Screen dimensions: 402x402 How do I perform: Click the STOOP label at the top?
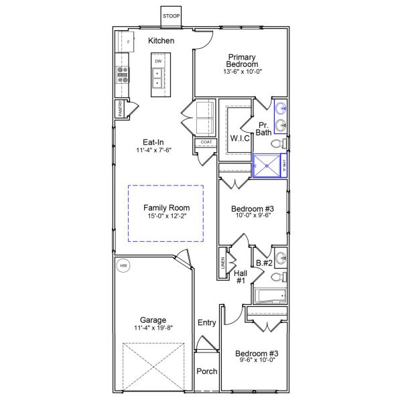click(171, 15)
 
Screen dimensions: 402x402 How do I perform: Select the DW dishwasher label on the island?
click(158, 62)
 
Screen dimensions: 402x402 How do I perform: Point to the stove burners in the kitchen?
click(123, 74)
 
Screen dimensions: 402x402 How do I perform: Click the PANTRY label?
click(120, 109)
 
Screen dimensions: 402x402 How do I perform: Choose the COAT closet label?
click(206, 142)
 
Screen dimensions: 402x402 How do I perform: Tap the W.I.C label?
click(240, 138)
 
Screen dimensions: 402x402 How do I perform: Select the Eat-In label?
click(153, 142)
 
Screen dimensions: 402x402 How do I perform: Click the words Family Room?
click(166, 208)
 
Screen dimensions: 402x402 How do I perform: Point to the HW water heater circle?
click(123, 266)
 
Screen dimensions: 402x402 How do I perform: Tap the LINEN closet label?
click(222, 263)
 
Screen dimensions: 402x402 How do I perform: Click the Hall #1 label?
click(240, 277)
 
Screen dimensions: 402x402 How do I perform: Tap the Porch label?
click(206, 371)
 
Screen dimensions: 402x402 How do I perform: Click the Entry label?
click(207, 323)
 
